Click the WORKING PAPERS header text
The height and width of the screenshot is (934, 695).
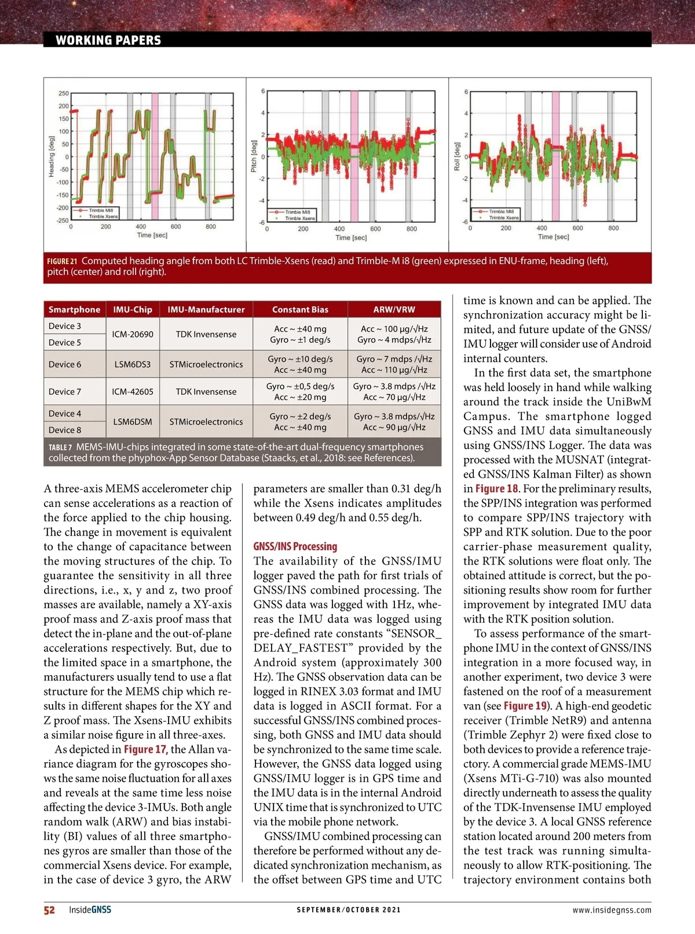108,40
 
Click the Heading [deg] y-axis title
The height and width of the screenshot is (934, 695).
52,156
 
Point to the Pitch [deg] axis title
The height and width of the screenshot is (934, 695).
254,156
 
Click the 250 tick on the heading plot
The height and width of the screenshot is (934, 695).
63,93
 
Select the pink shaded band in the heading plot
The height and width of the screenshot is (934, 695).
155,156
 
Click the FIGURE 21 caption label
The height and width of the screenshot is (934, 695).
62,261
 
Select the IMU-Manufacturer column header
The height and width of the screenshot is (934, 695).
206,309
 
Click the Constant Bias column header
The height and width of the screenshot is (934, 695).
300,309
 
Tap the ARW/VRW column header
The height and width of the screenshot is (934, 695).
394,309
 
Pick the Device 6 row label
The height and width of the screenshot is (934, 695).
65,364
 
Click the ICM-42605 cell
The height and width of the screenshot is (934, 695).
133,391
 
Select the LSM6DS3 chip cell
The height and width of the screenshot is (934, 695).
133,364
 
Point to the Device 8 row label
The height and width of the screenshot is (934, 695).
65,430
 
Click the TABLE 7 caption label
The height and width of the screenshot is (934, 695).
60,447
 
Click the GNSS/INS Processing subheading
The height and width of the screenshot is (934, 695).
295,546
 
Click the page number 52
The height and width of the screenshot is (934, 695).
49,910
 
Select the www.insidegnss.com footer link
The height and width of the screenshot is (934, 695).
612,910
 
